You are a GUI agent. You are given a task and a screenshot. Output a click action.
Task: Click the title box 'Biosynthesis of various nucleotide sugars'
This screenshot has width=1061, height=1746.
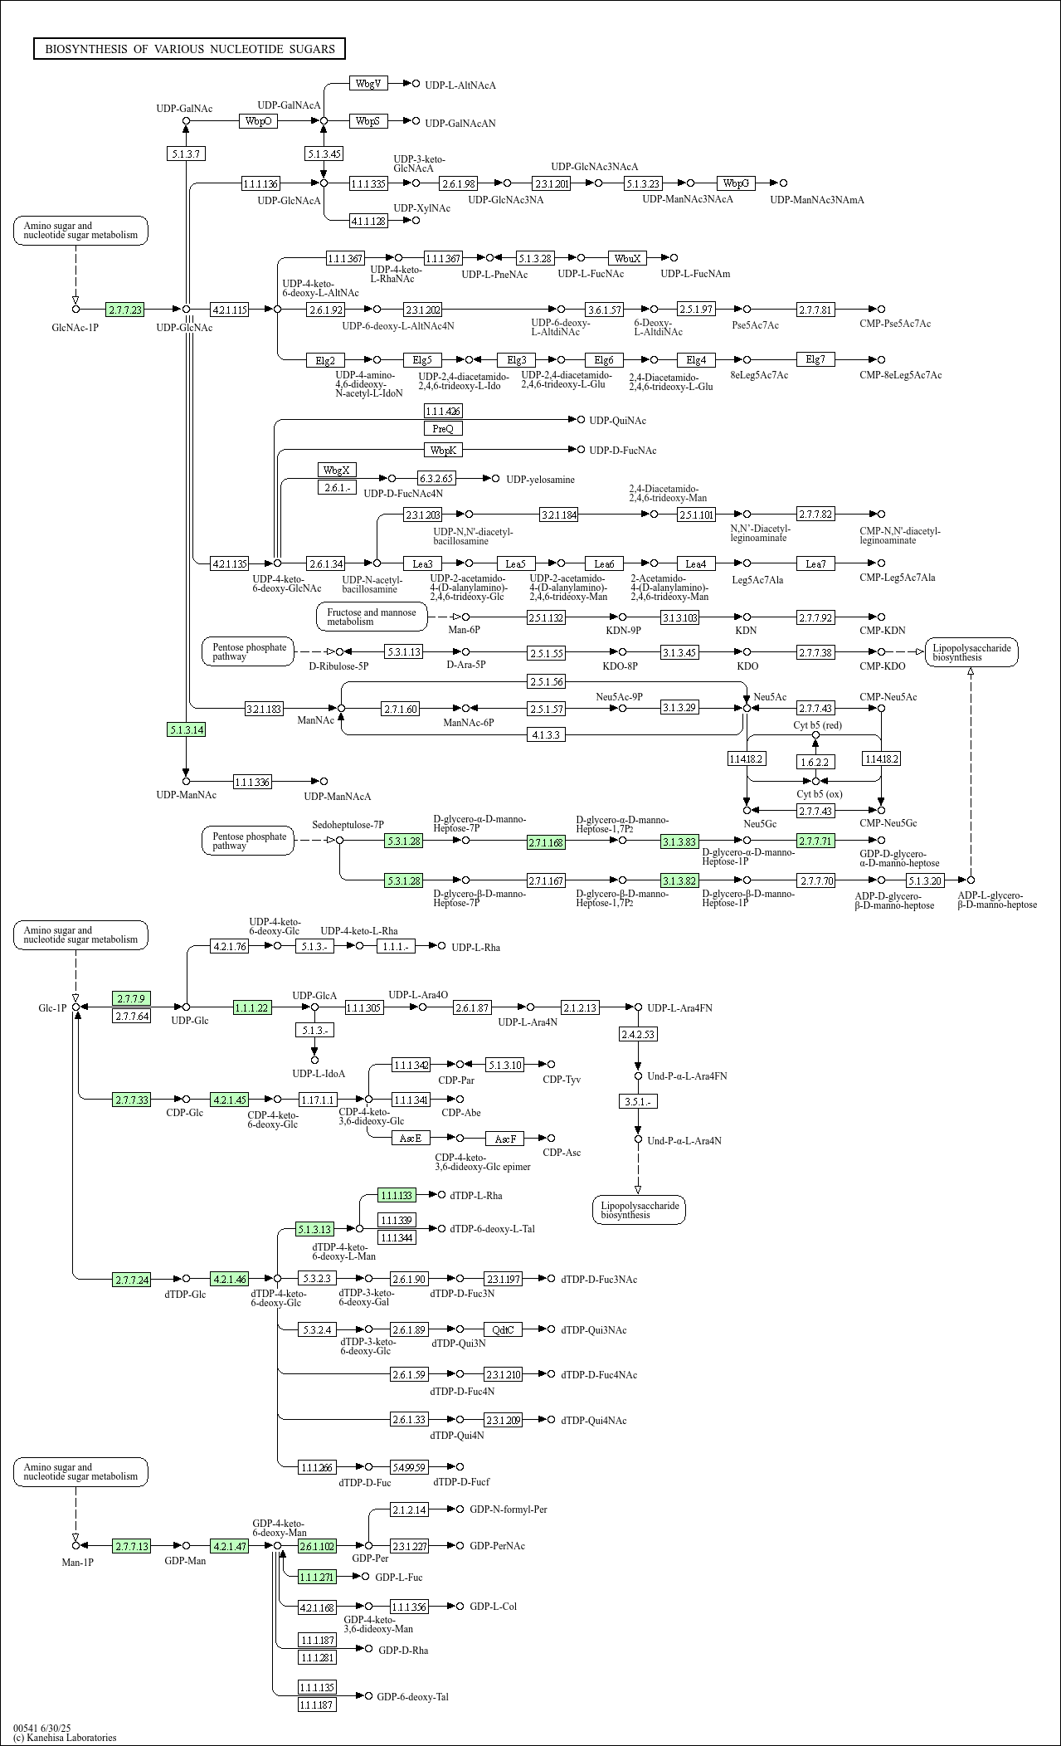(x=189, y=49)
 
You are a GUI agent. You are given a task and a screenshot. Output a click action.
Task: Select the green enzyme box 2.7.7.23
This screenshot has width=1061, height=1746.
(x=124, y=310)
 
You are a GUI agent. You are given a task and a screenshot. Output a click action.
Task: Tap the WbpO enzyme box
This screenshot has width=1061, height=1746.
(x=259, y=121)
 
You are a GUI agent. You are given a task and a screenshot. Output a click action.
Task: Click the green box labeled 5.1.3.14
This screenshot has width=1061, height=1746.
(x=186, y=729)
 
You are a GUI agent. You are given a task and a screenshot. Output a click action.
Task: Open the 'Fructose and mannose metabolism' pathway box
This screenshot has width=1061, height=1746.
(x=372, y=617)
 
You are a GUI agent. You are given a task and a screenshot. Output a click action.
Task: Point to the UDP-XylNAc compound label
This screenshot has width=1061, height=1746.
(x=421, y=208)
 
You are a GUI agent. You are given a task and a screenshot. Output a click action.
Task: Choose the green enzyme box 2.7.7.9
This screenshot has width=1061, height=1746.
(x=131, y=998)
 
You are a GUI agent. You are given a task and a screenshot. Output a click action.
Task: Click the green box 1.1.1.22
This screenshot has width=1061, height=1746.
(x=252, y=1007)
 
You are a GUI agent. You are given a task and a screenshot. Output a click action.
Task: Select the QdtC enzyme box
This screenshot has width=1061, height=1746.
(x=503, y=1329)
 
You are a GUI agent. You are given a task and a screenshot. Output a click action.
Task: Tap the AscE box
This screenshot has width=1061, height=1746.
(x=411, y=1138)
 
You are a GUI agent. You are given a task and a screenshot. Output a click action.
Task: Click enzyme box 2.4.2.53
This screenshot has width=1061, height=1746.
(x=638, y=1034)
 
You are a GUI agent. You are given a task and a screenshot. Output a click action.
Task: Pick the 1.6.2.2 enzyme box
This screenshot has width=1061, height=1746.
(x=815, y=761)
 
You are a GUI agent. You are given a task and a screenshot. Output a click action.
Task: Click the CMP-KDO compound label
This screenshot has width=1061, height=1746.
(x=883, y=666)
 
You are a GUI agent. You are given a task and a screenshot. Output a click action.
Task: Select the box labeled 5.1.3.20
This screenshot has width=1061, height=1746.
(x=924, y=880)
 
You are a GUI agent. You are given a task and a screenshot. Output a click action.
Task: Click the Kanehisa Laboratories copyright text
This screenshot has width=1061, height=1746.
(x=65, y=1737)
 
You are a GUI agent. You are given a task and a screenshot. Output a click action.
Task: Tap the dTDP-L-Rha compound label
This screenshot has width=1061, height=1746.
(x=476, y=1195)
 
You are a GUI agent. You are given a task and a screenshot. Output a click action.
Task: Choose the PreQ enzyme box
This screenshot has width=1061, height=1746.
(x=443, y=428)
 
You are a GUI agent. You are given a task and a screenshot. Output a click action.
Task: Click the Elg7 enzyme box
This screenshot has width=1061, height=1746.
(x=815, y=359)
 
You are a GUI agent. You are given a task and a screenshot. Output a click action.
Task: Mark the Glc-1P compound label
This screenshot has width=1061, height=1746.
(x=52, y=1008)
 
